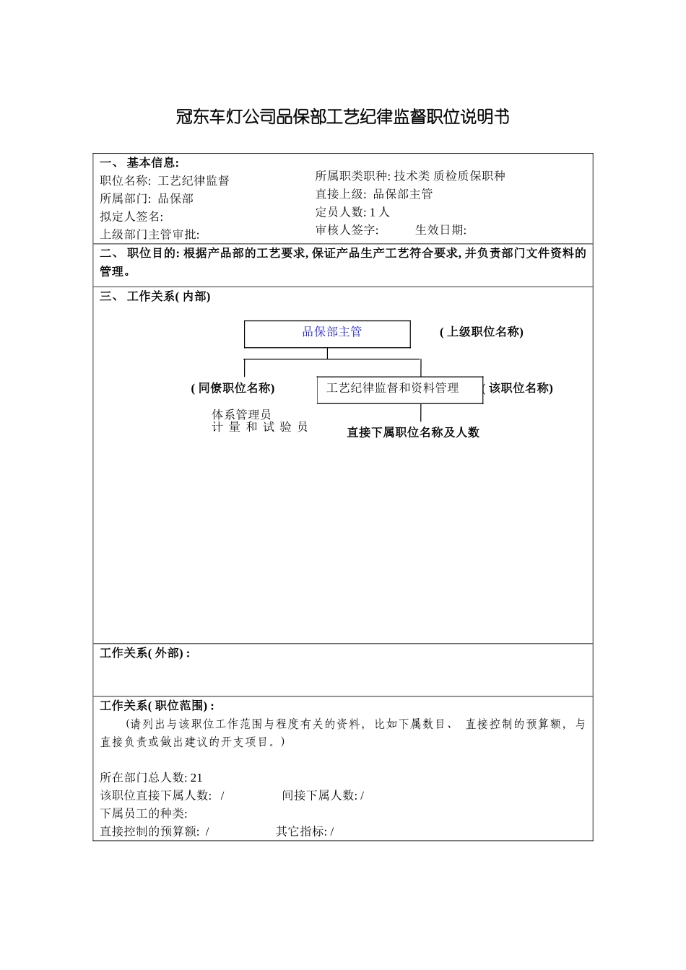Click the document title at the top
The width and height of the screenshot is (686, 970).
342,117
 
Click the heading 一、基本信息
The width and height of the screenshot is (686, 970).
139,163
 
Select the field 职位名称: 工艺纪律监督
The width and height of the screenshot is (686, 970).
165,180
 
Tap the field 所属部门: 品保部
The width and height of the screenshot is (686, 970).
147,198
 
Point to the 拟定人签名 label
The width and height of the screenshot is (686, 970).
131,217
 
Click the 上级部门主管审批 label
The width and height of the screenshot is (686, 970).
149,234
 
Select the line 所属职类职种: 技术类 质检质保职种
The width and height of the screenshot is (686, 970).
410,176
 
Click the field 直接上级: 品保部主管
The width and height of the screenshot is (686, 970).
374,194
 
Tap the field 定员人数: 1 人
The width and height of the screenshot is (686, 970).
352,212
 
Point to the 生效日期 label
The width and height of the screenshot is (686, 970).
440,230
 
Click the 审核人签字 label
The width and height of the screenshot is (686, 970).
347,230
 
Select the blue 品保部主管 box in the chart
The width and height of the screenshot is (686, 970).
327,333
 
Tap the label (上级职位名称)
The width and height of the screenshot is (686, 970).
482,332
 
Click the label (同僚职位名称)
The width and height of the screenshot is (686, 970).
233,388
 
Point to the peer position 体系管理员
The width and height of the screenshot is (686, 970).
241,414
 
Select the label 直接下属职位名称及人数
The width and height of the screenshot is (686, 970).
413,432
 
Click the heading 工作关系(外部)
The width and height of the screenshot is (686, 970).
144,653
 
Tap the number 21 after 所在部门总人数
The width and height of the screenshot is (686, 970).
196,777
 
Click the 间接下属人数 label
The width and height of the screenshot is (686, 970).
320,795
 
